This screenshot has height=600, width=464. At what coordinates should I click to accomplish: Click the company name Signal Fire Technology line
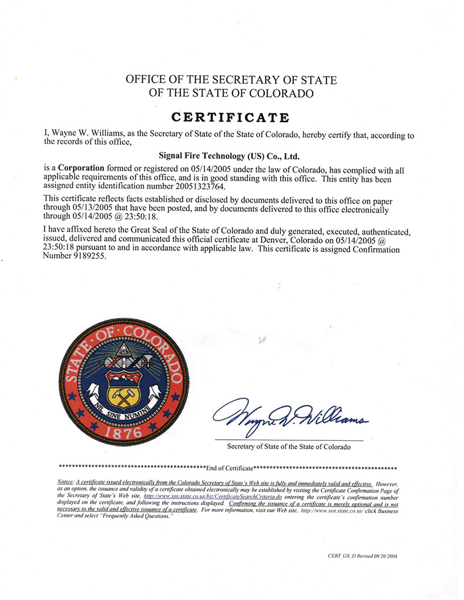click(230, 157)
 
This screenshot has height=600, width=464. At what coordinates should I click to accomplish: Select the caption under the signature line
click(288, 447)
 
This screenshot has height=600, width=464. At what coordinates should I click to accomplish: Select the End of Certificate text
click(230, 468)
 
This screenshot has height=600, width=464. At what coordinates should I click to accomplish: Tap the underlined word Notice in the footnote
click(66, 482)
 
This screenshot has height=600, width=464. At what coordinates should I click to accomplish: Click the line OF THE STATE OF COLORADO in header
click(231, 93)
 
